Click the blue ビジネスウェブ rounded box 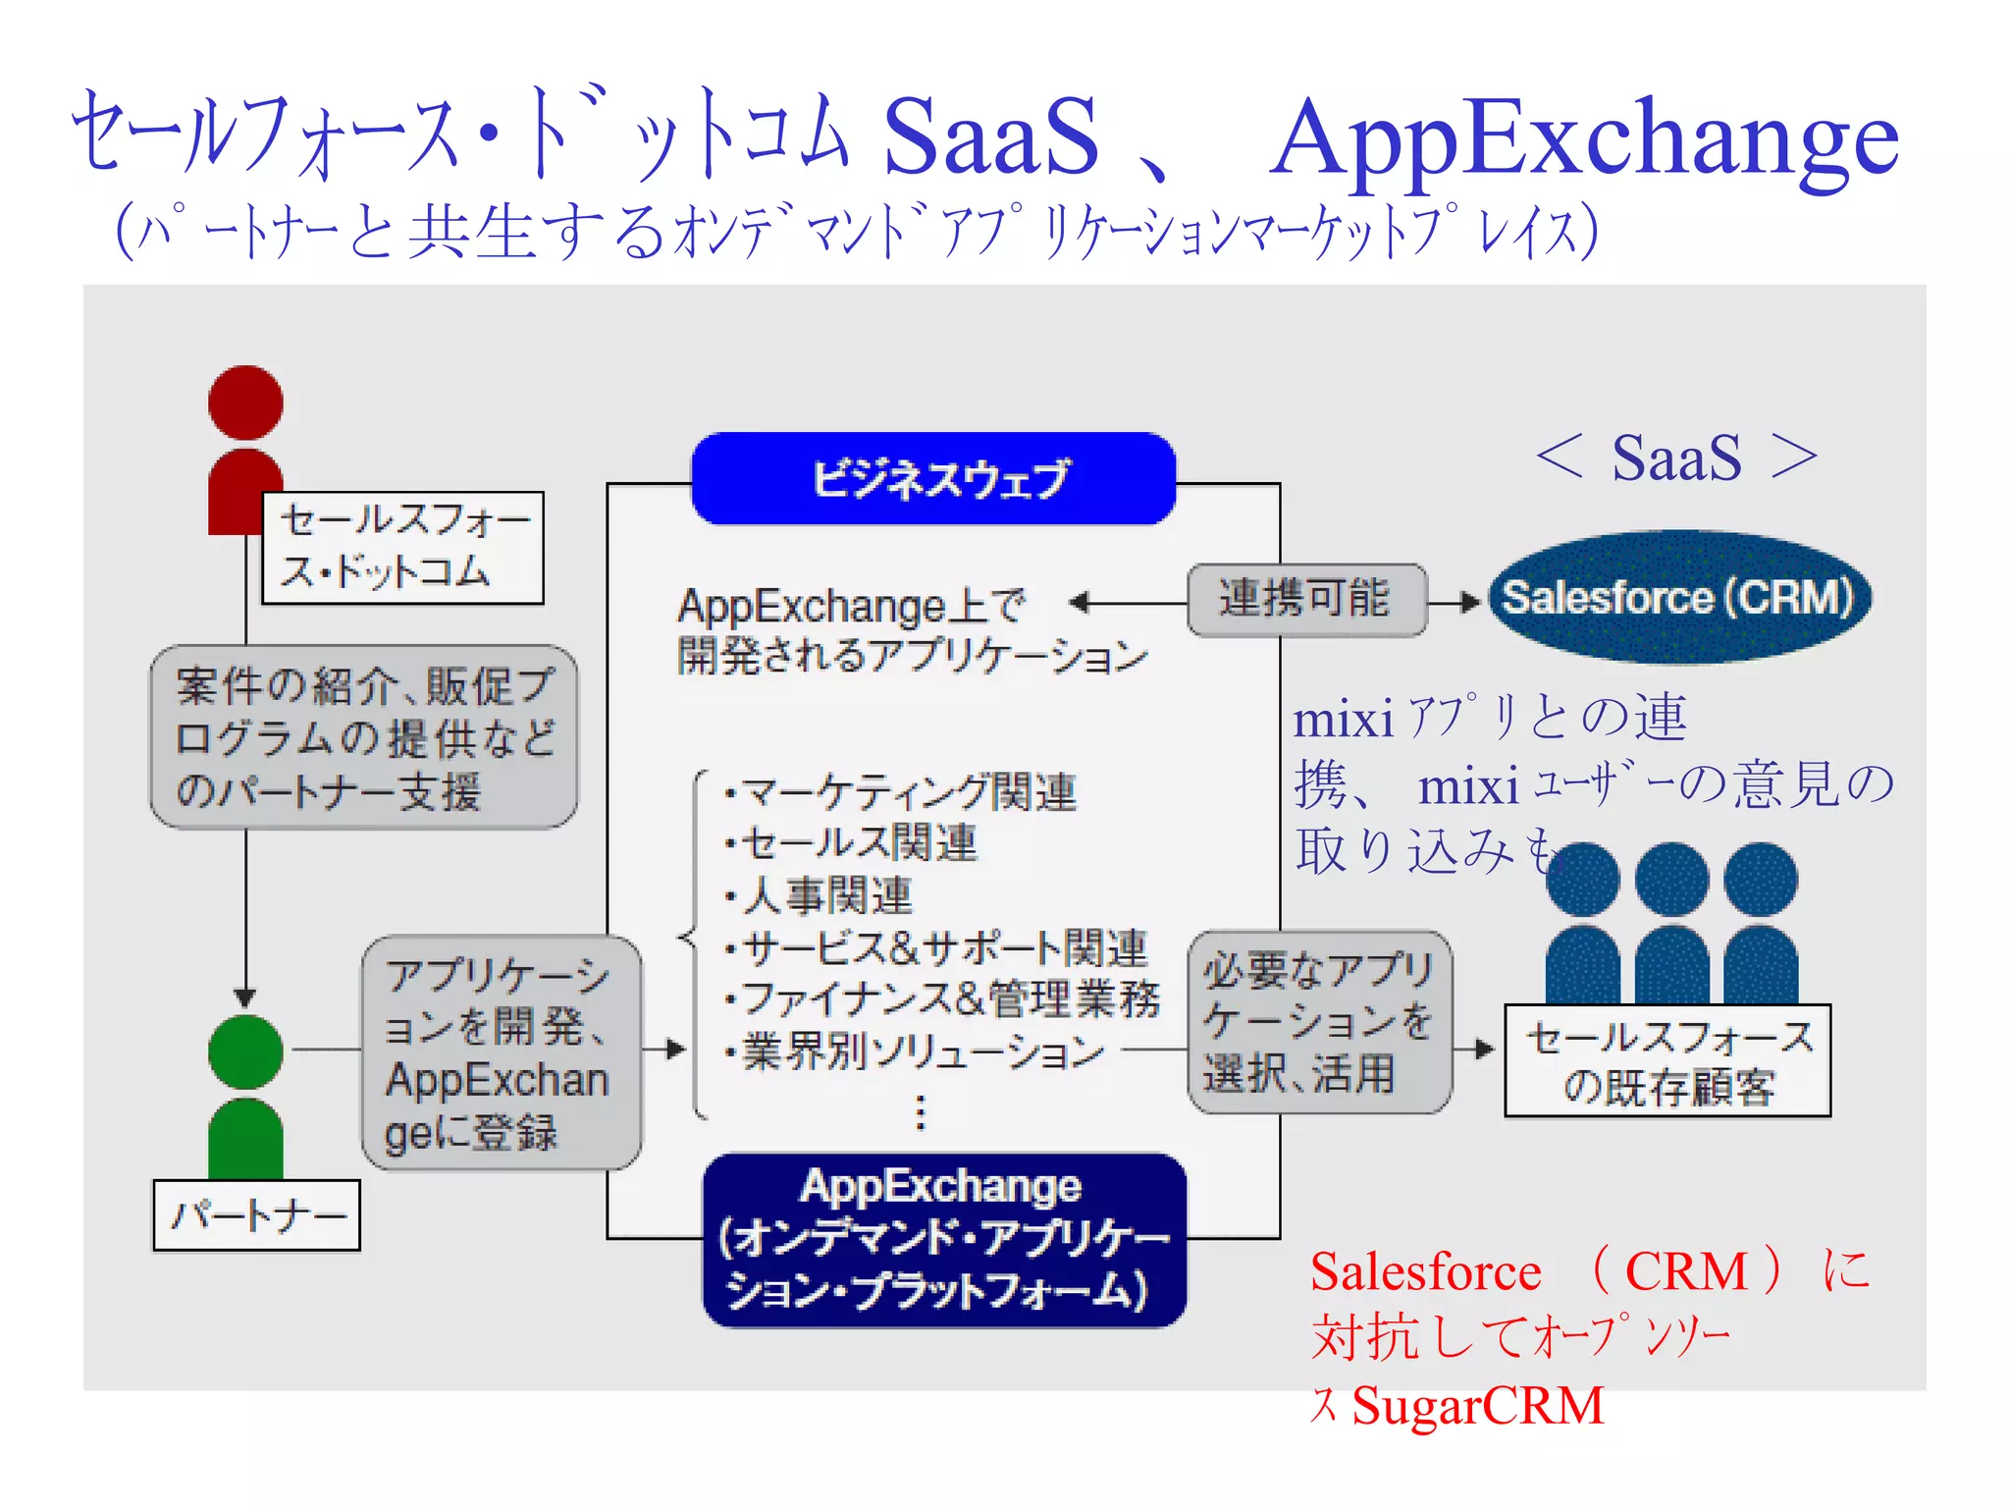click(933, 478)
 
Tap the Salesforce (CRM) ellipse click(1679, 597)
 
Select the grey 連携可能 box click(1305, 599)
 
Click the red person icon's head click(245, 403)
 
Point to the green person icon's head click(245, 1051)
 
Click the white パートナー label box click(257, 1215)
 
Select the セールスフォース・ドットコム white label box click(402, 547)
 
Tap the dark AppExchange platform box click(943, 1240)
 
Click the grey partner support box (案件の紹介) click(363, 736)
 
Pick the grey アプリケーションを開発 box click(501, 1051)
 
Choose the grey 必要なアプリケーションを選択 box click(1318, 1021)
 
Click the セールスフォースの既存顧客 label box click(1667, 1060)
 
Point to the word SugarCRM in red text click(1477, 1405)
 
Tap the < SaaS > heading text click(1676, 458)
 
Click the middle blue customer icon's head click(1671, 880)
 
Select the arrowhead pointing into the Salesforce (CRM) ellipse click(1471, 602)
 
